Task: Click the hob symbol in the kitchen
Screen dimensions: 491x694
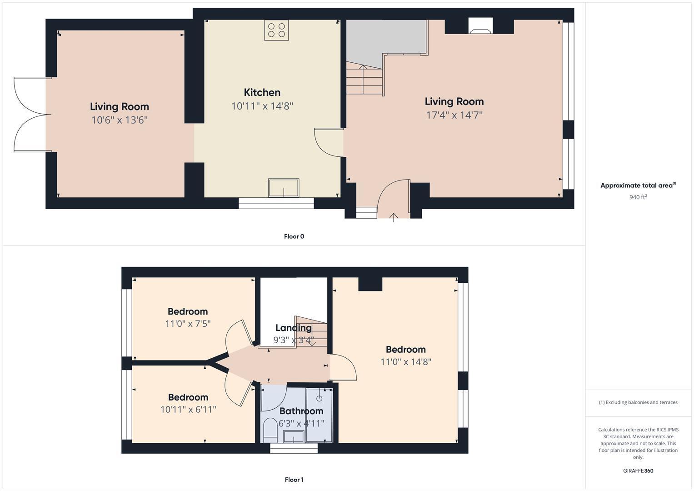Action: (276, 30)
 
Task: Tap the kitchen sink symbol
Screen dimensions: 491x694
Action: (284, 188)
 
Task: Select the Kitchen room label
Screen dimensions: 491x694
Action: (262, 92)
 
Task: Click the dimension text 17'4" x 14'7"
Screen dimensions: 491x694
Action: (454, 115)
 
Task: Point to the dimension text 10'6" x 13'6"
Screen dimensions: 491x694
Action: (120, 120)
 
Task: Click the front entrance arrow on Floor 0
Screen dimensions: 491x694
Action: (394, 217)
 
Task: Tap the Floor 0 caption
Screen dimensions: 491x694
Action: (294, 236)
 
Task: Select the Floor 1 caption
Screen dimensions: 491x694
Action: (294, 480)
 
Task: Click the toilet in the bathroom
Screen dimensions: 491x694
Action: (270, 429)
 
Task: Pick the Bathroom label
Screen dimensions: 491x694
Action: (301, 411)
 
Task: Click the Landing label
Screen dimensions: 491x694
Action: (293, 328)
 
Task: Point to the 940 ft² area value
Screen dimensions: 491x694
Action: (638, 197)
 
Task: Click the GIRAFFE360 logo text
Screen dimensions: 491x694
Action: (638, 471)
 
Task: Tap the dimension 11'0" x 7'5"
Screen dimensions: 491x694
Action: (188, 324)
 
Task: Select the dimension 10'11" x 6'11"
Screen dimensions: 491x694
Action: (188, 410)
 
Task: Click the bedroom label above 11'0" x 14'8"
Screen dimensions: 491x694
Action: (405, 349)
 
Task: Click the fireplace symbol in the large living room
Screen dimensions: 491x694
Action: (480, 26)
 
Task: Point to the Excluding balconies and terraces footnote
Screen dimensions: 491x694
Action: (638, 402)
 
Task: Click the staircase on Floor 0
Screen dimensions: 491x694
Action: (364, 79)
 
